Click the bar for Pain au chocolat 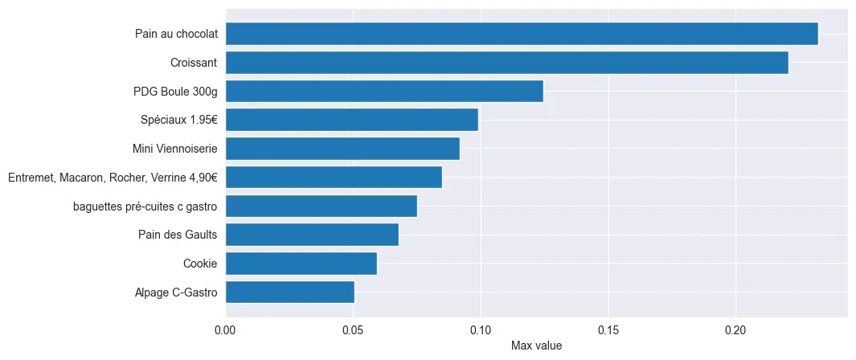pyautogui.click(x=522, y=34)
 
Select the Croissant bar pyautogui.click(x=506, y=63)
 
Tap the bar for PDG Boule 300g pyautogui.click(x=384, y=92)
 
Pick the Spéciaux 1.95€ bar pyautogui.click(x=351, y=120)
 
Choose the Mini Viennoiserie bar pyautogui.click(x=342, y=149)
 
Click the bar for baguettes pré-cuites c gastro pyautogui.click(x=322, y=206)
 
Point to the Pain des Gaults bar pyautogui.click(x=312, y=235)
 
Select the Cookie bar pyautogui.click(x=301, y=264)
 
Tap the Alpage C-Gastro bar pyautogui.click(x=289, y=292)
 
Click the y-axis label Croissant pyautogui.click(x=194, y=63)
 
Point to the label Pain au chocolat pyautogui.click(x=176, y=34)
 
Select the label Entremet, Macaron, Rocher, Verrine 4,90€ pyautogui.click(x=113, y=178)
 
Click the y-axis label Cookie pyautogui.click(x=200, y=264)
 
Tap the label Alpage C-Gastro pyautogui.click(x=176, y=292)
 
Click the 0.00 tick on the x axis pyautogui.click(x=225, y=330)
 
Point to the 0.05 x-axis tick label pyautogui.click(x=353, y=330)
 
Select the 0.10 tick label pyautogui.click(x=481, y=330)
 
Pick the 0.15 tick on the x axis pyautogui.click(x=608, y=330)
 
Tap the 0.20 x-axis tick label pyautogui.click(x=735, y=330)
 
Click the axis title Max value pyautogui.click(x=536, y=346)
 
